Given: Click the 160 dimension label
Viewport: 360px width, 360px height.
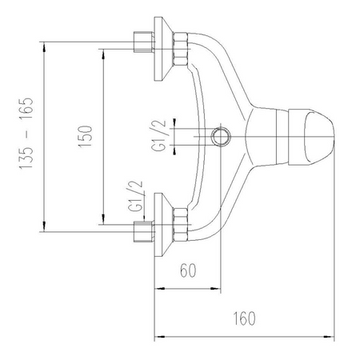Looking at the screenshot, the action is [244, 318].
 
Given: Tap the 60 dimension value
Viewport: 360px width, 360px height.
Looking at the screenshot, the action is [188, 270].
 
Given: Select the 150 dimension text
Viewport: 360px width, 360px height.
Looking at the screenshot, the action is [85, 136].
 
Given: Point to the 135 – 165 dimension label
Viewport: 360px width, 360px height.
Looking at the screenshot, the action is [26, 133].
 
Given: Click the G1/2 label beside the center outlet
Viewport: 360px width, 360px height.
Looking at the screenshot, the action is [159, 136].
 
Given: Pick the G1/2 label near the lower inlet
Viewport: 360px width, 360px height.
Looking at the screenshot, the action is [135, 196].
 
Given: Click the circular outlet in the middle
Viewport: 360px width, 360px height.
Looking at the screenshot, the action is [221, 137].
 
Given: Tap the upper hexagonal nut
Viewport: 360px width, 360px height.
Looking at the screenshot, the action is [181, 49].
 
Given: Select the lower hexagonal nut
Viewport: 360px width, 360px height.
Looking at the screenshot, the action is [181, 225].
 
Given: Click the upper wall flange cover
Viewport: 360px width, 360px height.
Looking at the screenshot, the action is [162, 49].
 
